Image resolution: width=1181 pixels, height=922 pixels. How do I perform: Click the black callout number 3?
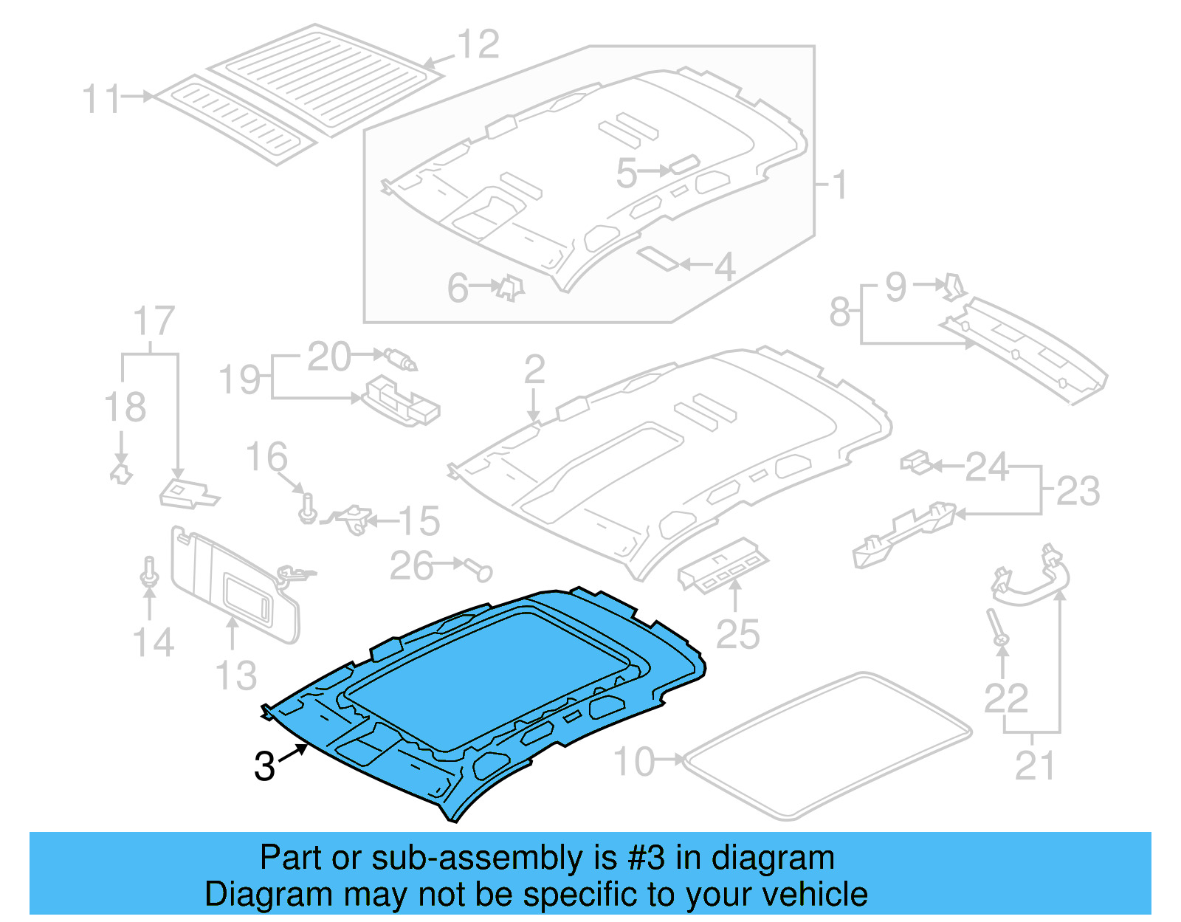[x=264, y=766]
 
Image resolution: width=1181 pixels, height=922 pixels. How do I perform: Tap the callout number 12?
[x=478, y=45]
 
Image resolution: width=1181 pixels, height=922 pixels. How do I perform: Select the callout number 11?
[x=101, y=99]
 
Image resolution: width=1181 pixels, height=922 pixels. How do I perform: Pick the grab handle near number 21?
[x=1030, y=580]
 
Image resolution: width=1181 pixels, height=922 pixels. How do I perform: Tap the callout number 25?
[x=737, y=634]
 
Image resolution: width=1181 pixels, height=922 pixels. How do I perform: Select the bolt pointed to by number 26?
[x=481, y=570]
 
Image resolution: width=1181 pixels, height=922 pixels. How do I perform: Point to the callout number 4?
[x=725, y=266]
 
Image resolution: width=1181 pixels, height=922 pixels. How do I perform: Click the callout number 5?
[x=626, y=173]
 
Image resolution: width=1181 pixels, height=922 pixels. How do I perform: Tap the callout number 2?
[x=534, y=369]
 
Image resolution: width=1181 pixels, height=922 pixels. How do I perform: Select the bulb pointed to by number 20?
[x=399, y=359]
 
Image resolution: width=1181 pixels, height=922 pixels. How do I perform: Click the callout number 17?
[x=154, y=321]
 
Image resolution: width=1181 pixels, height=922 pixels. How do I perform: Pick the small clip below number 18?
[x=120, y=472]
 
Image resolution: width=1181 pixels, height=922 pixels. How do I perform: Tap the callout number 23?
[x=1078, y=491]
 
